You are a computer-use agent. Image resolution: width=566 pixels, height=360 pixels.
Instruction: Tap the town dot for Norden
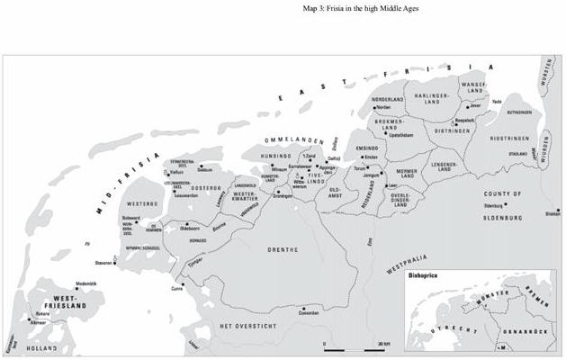(374, 108)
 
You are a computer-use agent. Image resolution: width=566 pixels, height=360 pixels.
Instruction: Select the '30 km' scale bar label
(382, 345)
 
